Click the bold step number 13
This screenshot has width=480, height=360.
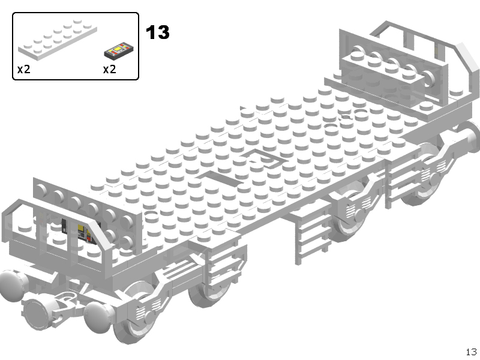pyautogui.click(x=157, y=32)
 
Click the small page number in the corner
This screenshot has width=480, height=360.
pyautogui.click(x=472, y=352)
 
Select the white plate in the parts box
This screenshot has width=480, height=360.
pyautogui.click(x=58, y=38)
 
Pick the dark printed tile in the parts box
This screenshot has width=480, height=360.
pyautogui.click(x=119, y=50)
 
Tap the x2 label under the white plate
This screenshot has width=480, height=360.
pyautogui.click(x=23, y=70)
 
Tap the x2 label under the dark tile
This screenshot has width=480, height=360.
pyautogui.click(x=109, y=70)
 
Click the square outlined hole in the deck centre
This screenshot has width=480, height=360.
pyautogui.click(x=264, y=158)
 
